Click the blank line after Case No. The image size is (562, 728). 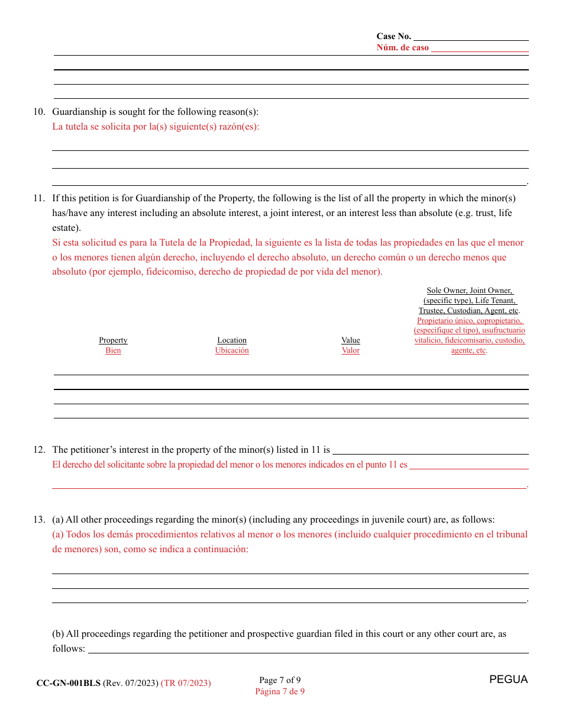point(471,37)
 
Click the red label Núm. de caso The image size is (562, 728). point(402,48)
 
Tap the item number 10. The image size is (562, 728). point(38,112)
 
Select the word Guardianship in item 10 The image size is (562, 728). point(79,112)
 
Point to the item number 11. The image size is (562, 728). point(38,198)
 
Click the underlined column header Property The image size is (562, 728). point(113,340)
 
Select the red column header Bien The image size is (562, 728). point(113,350)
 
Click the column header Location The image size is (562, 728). point(232,340)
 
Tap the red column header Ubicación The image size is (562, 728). point(232,350)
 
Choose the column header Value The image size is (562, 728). point(351,340)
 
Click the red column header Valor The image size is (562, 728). point(351,350)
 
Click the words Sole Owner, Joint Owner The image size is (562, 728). point(470,291)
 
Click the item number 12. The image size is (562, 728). point(38,450)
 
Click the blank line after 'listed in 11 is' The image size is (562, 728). point(431,451)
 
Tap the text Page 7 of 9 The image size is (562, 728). point(280,680)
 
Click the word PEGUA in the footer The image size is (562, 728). point(508,679)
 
